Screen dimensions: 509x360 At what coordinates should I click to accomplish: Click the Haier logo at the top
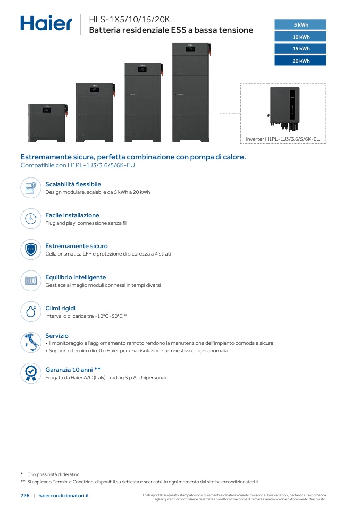(x=46, y=23)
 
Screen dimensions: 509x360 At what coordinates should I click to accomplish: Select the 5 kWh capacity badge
(x=300, y=24)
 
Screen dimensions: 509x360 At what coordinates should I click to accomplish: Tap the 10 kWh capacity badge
(x=300, y=37)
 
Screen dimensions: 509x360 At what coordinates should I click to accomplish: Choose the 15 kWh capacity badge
(x=300, y=48)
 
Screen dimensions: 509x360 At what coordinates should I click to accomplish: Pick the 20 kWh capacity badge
(x=300, y=61)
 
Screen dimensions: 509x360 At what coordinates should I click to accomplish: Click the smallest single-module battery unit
(x=47, y=123)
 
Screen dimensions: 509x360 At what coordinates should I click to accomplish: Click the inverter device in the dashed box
(x=283, y=109)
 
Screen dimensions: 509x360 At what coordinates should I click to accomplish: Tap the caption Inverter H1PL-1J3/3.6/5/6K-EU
(x=283, y=139)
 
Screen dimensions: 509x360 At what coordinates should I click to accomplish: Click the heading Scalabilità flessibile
(x=73, y=184)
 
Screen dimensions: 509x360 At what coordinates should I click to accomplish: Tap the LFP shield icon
(x=31, y=250)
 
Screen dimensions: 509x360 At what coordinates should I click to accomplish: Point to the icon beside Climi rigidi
(x=31, y=311)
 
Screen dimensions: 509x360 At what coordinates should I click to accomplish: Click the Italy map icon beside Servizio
(x=31, y=342)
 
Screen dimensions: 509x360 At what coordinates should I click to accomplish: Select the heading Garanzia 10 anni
(x=73, y=369)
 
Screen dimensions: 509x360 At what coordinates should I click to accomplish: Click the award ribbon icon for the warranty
(x=31, y=373)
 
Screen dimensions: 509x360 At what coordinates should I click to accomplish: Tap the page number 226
(x=25, y=495)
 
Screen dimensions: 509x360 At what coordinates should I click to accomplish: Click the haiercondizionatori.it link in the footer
(x=64, y=495)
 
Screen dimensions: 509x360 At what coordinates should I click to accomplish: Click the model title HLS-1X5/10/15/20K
(x=129, y=19)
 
